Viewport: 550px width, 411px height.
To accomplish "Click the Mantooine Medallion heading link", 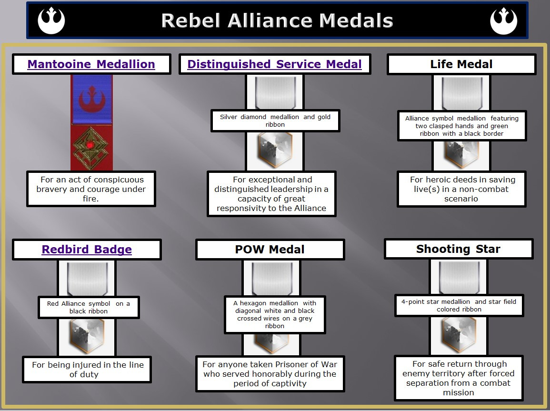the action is (x=91, y=64).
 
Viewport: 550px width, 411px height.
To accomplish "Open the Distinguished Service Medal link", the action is (x=274, y=64).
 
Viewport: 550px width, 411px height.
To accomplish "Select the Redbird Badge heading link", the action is (x=87, y=250).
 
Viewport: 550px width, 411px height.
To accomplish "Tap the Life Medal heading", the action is (x=461, y=64).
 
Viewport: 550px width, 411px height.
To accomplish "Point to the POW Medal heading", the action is (x=270, y=250).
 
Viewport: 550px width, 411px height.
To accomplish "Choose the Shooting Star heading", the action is (x=458, y=249).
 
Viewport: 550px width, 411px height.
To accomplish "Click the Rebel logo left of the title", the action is (x=51, y=20).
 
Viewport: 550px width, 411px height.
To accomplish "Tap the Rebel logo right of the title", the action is (x=503, y=20).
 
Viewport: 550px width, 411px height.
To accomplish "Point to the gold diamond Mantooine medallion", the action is (x=90, y=148).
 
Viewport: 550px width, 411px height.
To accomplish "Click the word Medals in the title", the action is (x=356, y=20).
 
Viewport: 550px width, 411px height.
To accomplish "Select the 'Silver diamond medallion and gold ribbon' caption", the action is (x=275, y=120).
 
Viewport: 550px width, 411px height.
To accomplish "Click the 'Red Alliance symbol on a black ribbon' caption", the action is (x=89, y=307).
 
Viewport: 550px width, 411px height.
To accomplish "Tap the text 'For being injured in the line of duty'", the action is (x=88, y=370).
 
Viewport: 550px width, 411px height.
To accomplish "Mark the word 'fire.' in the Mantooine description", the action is (x=90, y=199).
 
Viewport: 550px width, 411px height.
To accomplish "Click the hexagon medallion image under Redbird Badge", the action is (x=87, y=336).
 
